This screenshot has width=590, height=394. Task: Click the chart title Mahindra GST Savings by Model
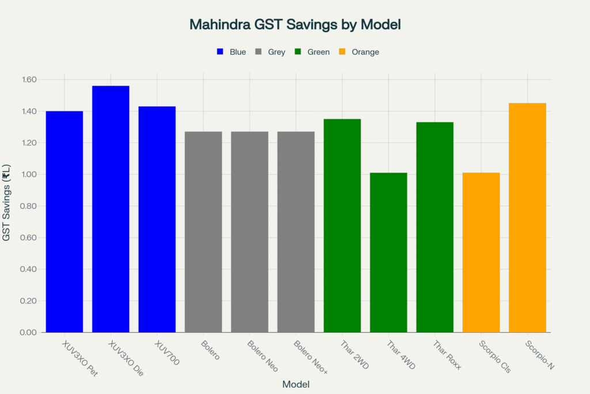point(295,25)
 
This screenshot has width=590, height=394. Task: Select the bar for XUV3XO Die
point(111,209)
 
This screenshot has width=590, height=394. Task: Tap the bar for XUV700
point(157,219)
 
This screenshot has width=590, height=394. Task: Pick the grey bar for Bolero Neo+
point(296,232)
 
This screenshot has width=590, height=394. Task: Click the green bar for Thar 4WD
point(388,253)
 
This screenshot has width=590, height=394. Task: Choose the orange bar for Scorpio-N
point(527,217)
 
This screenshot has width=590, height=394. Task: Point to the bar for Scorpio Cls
point(481,253)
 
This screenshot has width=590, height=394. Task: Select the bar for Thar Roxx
point(435,227)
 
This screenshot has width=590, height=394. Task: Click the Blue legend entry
point(231,52)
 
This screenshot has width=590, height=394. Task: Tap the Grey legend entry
point(270,52)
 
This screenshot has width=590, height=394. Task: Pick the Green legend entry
point(312,52)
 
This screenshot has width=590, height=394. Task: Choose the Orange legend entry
point(360,52)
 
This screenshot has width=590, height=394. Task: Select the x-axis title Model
point(296,384)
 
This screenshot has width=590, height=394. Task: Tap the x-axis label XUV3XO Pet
point(80,358)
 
